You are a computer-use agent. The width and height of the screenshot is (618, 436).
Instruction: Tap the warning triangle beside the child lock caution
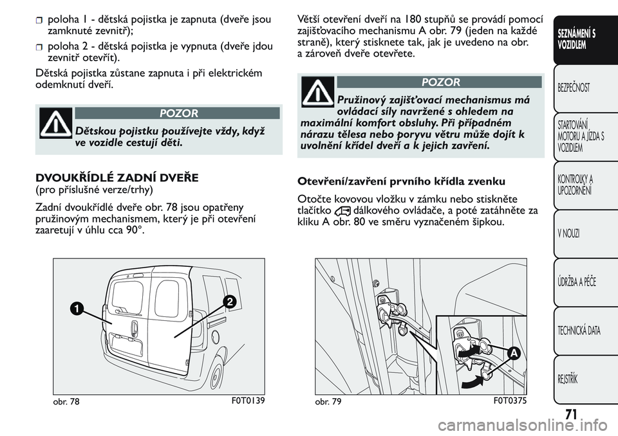coord(56,123)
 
